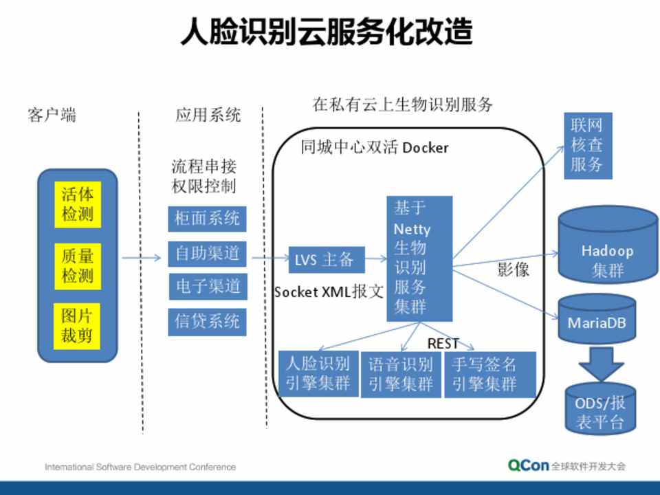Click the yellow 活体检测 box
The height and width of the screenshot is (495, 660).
[77, 204]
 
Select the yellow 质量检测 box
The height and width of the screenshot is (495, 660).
[77, 266]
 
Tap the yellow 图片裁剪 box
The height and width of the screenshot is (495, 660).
[77, 326]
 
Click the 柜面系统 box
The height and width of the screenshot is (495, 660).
[207, 219]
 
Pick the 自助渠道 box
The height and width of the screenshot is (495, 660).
[207, 254]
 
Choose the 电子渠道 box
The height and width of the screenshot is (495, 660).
[207, 286]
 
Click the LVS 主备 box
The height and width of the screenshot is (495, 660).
[324, 260]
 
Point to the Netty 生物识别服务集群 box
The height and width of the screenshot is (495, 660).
[419, 258]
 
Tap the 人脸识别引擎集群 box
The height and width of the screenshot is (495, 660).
[318, 373]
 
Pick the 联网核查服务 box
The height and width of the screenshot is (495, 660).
[587, 145]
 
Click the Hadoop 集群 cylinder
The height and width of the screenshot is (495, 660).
[608, 254]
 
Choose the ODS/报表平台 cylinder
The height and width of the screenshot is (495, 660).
[600, 410]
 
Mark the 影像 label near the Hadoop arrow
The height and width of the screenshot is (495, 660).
[513, 269]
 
